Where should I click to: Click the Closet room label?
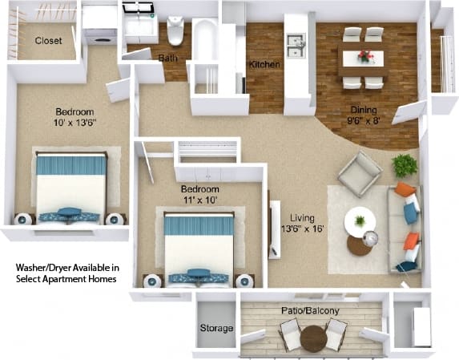point(49,40)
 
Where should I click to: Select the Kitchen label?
point(264,64)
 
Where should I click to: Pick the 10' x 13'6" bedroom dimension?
point(74,123)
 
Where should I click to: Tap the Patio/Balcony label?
point(309,310)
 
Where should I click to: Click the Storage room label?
point(216,329)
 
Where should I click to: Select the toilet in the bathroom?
point(175,31)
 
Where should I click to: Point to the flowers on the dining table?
point(365,57)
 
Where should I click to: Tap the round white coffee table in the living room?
point(360,222)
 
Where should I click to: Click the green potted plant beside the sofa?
point(405,166)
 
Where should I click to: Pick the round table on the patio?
point(313,338)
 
